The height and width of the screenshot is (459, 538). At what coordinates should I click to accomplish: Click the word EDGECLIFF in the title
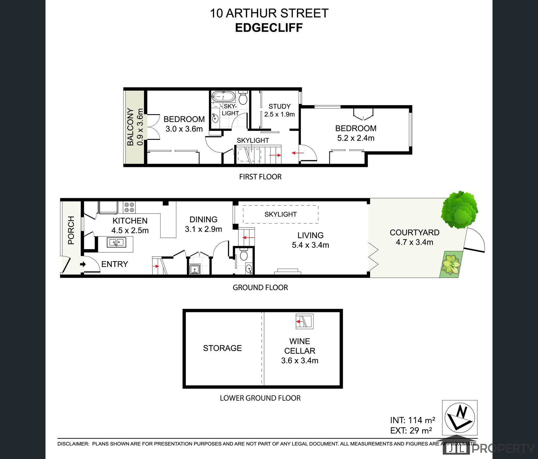coord(269,28)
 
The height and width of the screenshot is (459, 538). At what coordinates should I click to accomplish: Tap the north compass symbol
coord(460,417)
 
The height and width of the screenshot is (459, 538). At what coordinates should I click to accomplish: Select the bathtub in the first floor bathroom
coord(223,97)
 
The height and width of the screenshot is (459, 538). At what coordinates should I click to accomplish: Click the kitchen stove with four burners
coord(130,207)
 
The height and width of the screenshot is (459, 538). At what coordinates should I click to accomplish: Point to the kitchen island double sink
coord(116,242)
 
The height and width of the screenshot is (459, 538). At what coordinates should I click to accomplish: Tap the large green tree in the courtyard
coord(459,210)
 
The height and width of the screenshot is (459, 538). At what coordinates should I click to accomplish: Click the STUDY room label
coord(280,106)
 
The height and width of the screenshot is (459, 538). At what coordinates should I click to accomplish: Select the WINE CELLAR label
coord(300,346)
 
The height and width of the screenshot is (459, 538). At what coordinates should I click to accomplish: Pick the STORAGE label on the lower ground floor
coord(222,348)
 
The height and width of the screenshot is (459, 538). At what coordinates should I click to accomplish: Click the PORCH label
coord(71,230)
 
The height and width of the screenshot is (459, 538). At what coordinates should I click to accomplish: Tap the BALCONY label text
coord(131,127)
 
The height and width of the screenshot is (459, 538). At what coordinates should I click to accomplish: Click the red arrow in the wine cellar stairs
coord(300,321)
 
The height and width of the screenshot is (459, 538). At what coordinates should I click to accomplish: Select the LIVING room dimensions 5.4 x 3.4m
coord(310,245)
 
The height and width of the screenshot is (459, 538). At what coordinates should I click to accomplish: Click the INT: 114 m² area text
coord(412,420)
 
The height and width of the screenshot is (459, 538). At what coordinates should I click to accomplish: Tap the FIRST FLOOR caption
coord(260,177)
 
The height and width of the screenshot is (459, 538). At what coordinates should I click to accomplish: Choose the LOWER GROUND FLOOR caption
coord(260,398)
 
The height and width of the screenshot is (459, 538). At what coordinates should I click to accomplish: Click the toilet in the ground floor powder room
coord(244,255)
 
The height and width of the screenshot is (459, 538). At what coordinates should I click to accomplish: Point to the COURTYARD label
coord(414,232)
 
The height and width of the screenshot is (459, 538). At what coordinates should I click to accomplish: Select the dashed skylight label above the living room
coord(281,214)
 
